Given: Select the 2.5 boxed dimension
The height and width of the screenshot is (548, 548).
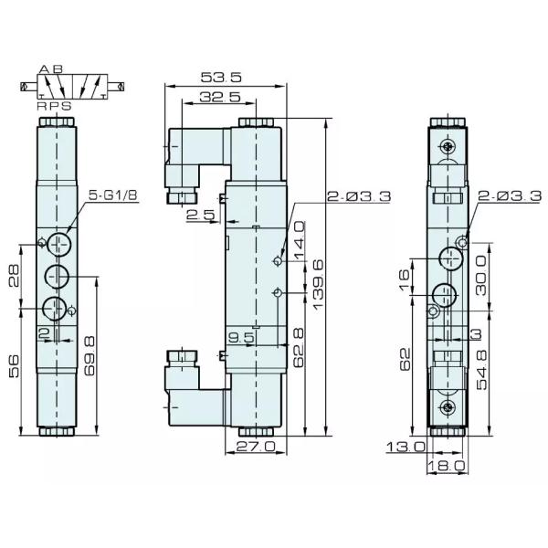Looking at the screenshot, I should (200, 215).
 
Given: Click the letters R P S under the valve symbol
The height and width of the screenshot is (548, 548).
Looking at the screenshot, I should (54, 106).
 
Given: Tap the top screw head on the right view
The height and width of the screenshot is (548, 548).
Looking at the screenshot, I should (446, 146).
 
